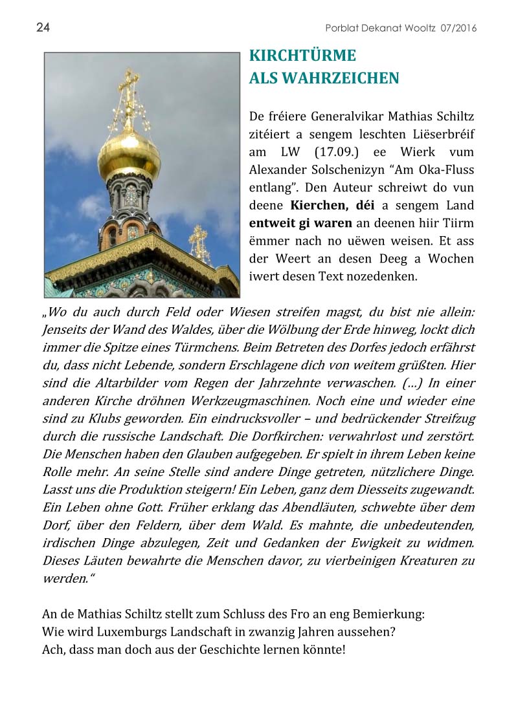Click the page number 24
(x=43, y=27)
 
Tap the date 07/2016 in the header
(x=458, y=28)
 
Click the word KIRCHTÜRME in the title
(x=302, y=56)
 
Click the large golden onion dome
(x=129, y=152)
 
